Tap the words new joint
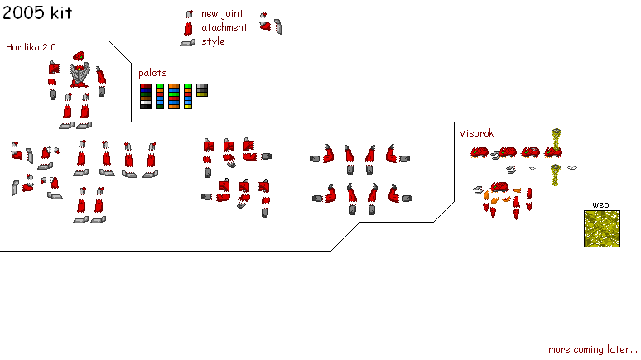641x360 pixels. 222,13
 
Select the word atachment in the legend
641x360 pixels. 224,27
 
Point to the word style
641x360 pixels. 213,41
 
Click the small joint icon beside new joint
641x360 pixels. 189,14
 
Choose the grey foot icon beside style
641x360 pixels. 188,42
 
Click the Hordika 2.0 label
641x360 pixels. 31,48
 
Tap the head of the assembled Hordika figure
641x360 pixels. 79,56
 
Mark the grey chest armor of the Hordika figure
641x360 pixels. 80,75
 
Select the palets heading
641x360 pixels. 152,73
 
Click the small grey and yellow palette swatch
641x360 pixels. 202,90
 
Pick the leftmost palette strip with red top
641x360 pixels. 145,96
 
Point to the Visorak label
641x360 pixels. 476,132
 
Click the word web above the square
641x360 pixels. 600,204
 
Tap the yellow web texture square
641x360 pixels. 602,228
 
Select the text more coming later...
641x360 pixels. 592,349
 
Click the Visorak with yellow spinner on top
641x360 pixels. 555,145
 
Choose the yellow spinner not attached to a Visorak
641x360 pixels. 556,174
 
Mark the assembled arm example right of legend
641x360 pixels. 270,24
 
